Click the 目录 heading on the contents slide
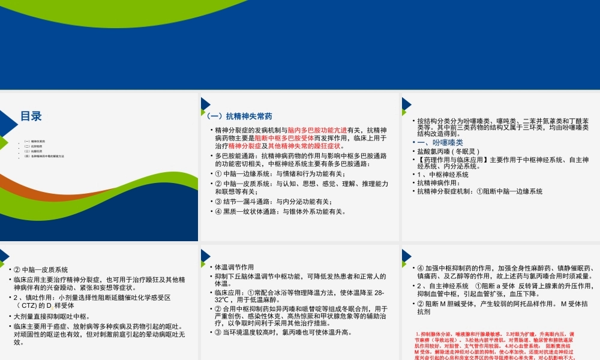point(31,116)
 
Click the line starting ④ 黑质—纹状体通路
point(280,211)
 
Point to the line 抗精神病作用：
point(442,183)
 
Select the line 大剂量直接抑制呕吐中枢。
point(52,316)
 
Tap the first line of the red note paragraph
point(495,334)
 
